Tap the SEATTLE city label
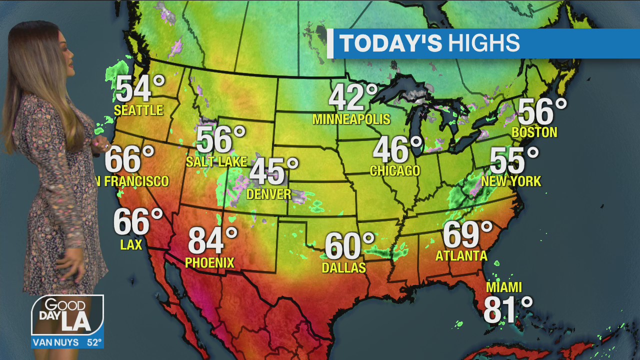[x=138, y=110]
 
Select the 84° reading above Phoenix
[x=212, y=241]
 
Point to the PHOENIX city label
[x=209, y=262]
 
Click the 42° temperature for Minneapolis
[x=353, y=97]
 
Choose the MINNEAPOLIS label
[x=351, y=119]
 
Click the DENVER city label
[x=269, y=194]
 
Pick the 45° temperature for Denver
[x=273, y=171]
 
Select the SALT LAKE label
[x=216, y=161]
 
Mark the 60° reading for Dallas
[x=349, y=246]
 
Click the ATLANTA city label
[x=461, y=256]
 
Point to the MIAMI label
[x=504, y=287]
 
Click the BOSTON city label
[x=534, y=132]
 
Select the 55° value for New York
[x=514, y=161]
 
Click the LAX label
[x=131, y=244]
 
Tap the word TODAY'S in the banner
[x=391, y=43]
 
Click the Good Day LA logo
[x=67, y=315]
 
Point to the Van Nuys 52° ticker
[x=67, y=343]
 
